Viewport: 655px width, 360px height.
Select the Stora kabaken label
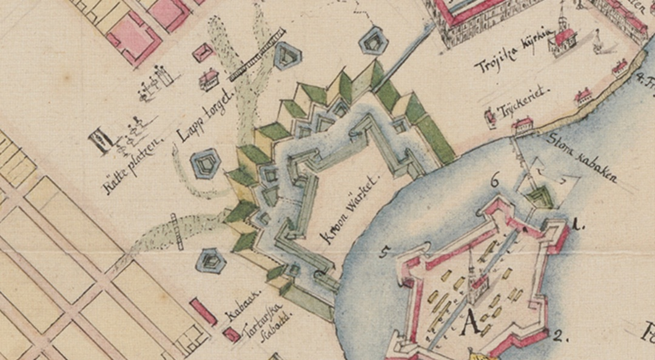[583, 157]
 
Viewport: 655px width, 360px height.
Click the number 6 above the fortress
[494, 179]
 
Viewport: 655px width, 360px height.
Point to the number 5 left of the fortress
[384, 252]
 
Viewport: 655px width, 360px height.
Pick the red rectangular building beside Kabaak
[204, 312]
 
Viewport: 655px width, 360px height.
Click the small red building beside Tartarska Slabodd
[231, 335]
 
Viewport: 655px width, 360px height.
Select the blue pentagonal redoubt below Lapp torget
[203, 164]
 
